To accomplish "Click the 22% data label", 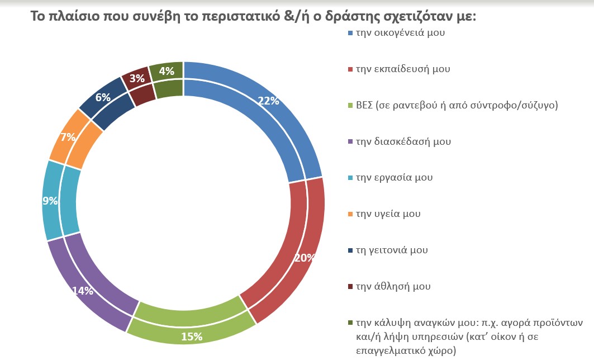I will point(269,101).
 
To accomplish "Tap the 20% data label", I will point(305,258).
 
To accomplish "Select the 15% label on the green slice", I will point(191,337).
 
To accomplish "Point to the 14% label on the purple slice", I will point(82,291).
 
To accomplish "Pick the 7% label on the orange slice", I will point(68,137).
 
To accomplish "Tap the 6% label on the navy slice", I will point(102,97).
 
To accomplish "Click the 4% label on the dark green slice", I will point(167,71).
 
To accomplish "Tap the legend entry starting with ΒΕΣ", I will point(457,105).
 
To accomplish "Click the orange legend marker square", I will point(350,214).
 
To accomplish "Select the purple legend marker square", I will point(350,142).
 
